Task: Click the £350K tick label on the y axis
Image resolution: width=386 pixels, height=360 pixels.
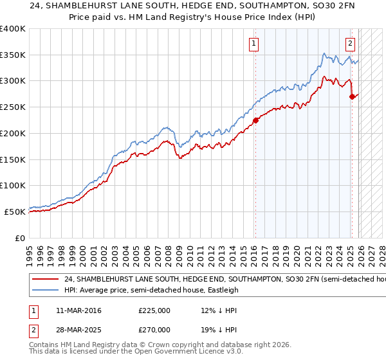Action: click(x=13, y=55)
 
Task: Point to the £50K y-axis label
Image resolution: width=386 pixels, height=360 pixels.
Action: click(x=15, y=212)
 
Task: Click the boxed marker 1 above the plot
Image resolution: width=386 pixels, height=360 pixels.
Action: click(x=254, y=44)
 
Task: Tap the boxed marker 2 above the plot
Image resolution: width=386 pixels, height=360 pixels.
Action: click(x=350, y=44)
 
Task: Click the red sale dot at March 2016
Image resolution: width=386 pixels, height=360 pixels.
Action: click(x=255, y=120)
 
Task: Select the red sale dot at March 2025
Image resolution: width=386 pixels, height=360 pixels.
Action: click(x=353, y=96)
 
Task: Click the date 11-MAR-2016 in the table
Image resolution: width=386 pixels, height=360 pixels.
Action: click(x=74, y=310)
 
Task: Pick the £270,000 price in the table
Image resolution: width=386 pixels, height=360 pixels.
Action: click(x=154, y=328)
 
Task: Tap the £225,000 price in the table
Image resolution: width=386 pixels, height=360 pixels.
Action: click(x=154, y=310)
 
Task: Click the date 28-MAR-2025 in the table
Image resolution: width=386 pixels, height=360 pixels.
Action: click(x=74, y=328)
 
